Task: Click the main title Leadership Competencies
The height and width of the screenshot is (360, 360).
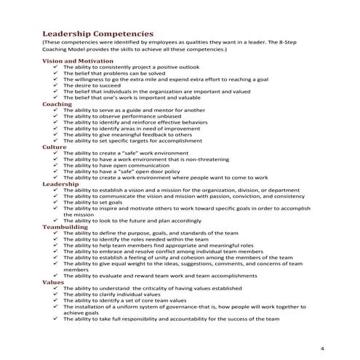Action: click(97, 33)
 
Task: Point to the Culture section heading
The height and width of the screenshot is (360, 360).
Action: click(55, 147)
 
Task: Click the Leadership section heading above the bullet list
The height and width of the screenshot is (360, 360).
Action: click(61, 184)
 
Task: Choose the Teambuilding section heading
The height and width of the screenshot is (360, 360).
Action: click(66, 227)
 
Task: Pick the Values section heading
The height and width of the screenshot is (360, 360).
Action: click(53, 281)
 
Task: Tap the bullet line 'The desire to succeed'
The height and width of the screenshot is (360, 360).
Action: click(91, 86)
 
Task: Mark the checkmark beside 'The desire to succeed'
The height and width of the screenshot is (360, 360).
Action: click(55, 86)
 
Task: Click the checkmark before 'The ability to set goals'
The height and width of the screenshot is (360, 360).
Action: click(55, 202)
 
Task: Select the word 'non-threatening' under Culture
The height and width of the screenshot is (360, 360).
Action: click(216, 159)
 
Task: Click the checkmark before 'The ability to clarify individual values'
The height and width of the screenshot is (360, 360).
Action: click(55, 294)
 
